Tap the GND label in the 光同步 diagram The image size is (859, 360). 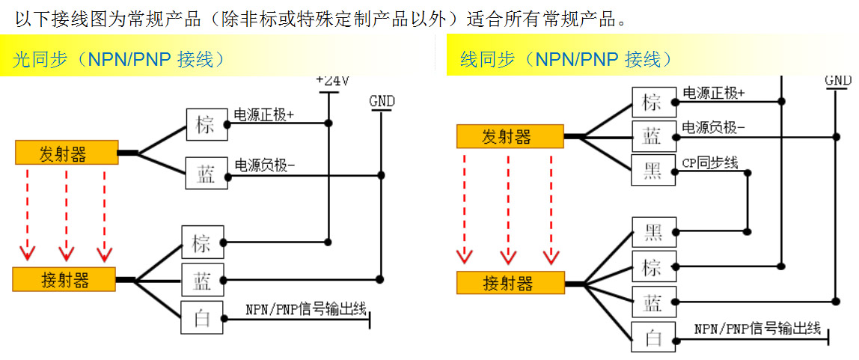coord(382,101)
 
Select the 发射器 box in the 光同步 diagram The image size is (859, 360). coord(66,154)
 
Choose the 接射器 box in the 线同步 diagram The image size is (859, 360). coord(510,283)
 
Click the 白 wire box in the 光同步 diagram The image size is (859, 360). coord(203,318)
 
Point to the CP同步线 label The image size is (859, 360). coord(709,162)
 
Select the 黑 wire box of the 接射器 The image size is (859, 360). coord(653,233)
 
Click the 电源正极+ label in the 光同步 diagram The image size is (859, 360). coord(264,115)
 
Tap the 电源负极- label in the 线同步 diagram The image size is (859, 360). coord(713,127)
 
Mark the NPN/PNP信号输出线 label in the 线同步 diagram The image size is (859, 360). coord(757,328)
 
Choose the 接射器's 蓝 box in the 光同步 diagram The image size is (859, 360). coord(203,281)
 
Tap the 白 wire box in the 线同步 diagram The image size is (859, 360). coord(653,338)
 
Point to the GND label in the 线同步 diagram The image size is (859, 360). coord(837,80)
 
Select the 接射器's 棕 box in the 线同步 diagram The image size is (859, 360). coord(653,267)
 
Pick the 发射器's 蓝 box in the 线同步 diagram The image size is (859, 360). coord(653,136)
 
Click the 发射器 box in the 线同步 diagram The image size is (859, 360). coord(510,136)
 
